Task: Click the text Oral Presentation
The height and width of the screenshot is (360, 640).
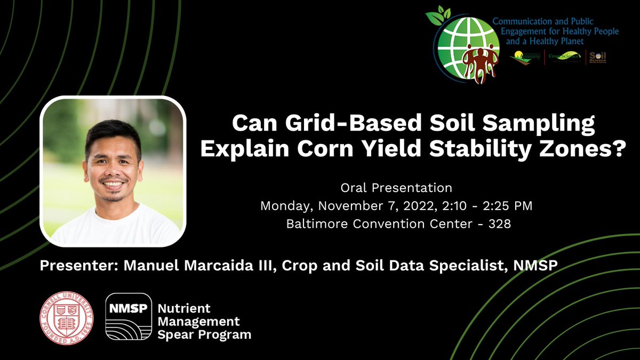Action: click(396, 188)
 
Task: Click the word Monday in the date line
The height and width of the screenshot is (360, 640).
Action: click(283, 206)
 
